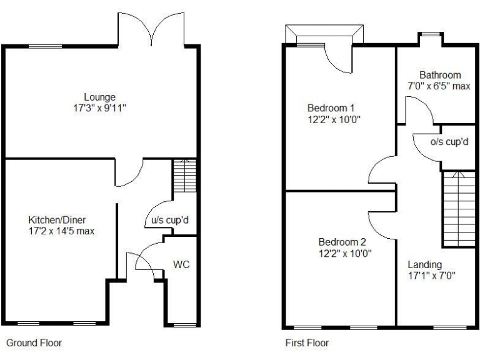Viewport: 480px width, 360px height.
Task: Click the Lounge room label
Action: [101, 97]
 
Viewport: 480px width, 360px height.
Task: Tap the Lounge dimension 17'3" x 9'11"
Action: [101, 107]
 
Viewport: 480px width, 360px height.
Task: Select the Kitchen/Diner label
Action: [57, 220]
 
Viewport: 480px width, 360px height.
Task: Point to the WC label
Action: [181, 264]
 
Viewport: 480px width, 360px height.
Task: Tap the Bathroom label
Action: [440, 75]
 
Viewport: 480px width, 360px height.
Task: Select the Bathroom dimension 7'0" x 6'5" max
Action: [438, 86]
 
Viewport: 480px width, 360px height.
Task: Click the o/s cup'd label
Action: [450, 142]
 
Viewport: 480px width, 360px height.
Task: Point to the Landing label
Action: [424, 264]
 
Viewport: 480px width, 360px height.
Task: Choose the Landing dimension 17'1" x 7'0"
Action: [432, 275]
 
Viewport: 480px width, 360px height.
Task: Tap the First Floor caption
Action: [307, 342]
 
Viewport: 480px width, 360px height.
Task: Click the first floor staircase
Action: [459, 209]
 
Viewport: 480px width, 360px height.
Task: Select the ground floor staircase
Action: [184, 177]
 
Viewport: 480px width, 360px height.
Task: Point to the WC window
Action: [183, 324]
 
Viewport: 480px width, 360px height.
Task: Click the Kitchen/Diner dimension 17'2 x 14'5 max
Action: [57, 231]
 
